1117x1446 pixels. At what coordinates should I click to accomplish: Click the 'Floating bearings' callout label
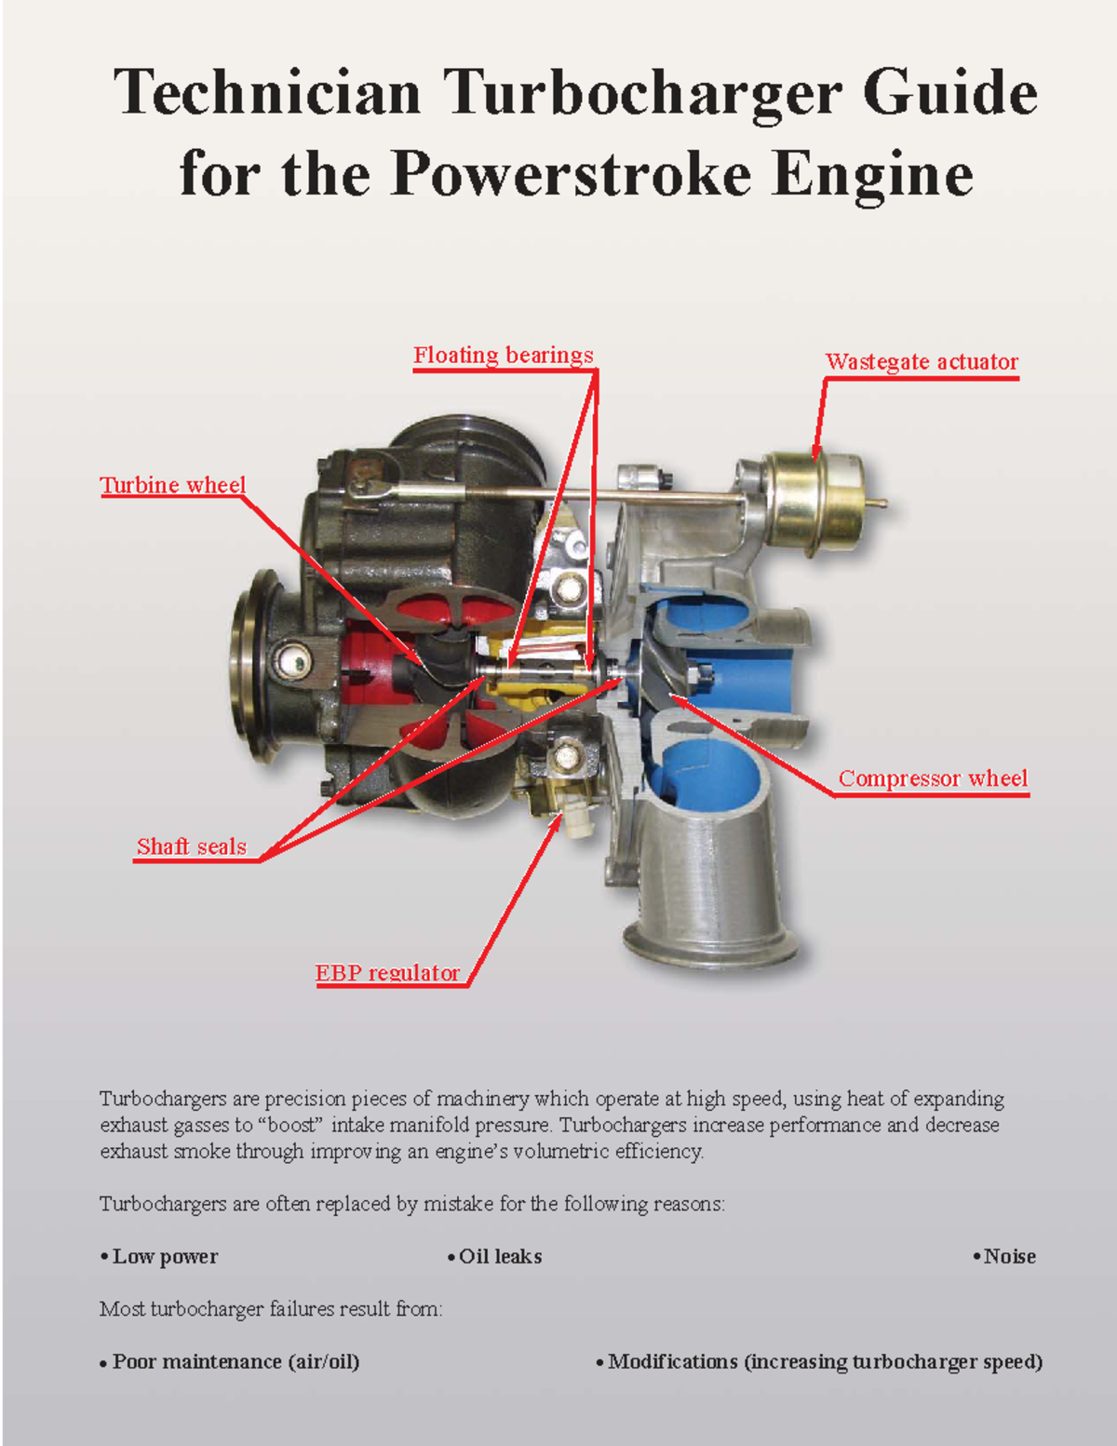[503, 356]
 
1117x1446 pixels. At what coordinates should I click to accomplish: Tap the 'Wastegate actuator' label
[922, 362]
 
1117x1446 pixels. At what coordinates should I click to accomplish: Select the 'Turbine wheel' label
[173, 485]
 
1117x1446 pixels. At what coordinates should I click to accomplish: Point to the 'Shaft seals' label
[192, 846]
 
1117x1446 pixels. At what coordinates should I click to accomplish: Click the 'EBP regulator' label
[387, 973]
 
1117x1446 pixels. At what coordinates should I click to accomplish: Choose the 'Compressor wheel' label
[933, 778]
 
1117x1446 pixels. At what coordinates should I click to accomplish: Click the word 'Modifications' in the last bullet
[672, 1362]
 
